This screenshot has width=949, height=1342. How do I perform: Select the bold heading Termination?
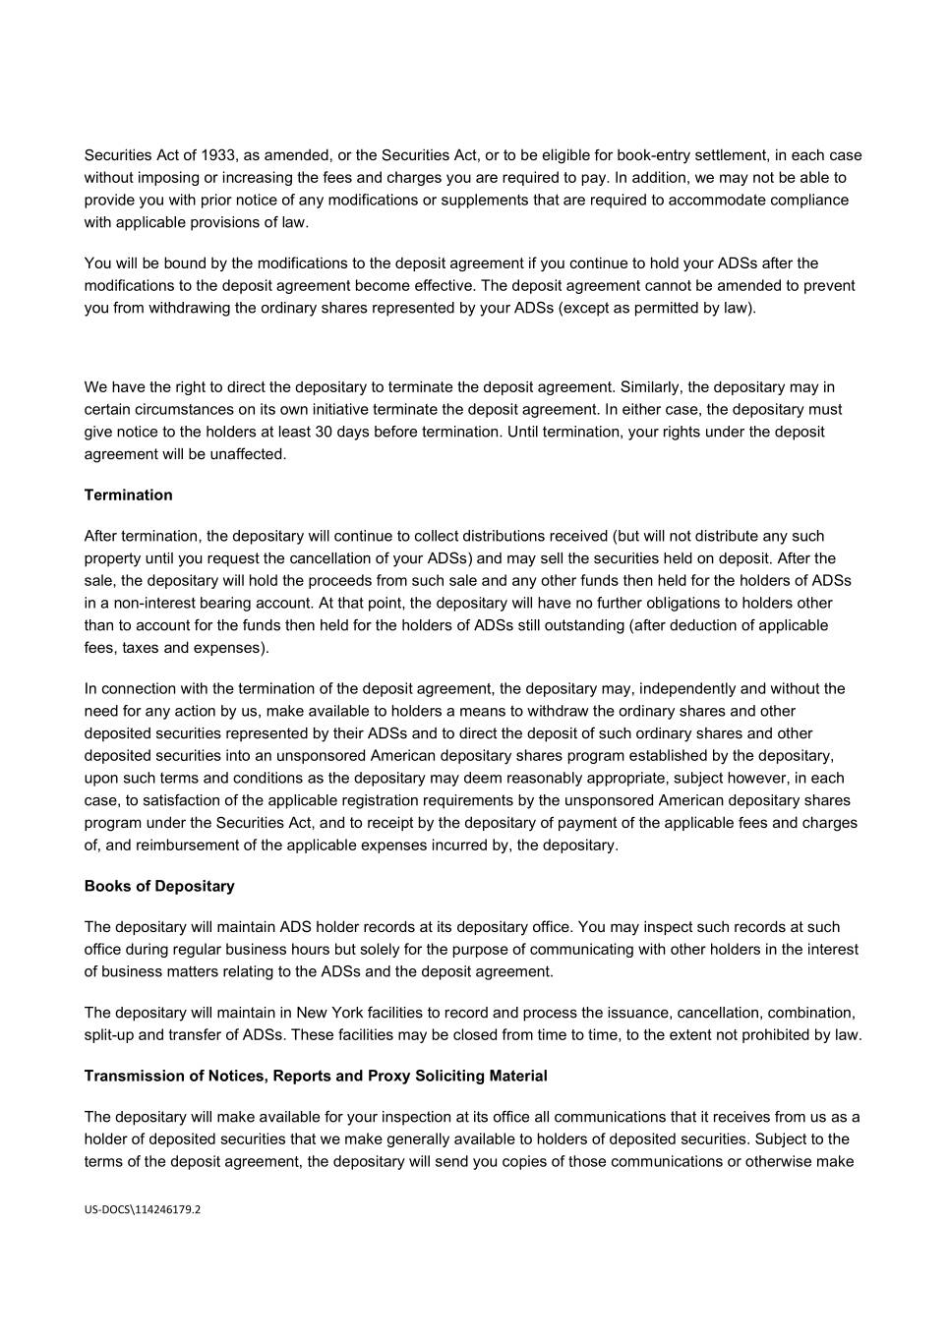pos(128,496)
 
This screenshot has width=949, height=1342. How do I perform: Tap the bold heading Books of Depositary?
pos(159,887)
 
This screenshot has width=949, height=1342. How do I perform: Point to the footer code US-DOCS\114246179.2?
pos(143,1210)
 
